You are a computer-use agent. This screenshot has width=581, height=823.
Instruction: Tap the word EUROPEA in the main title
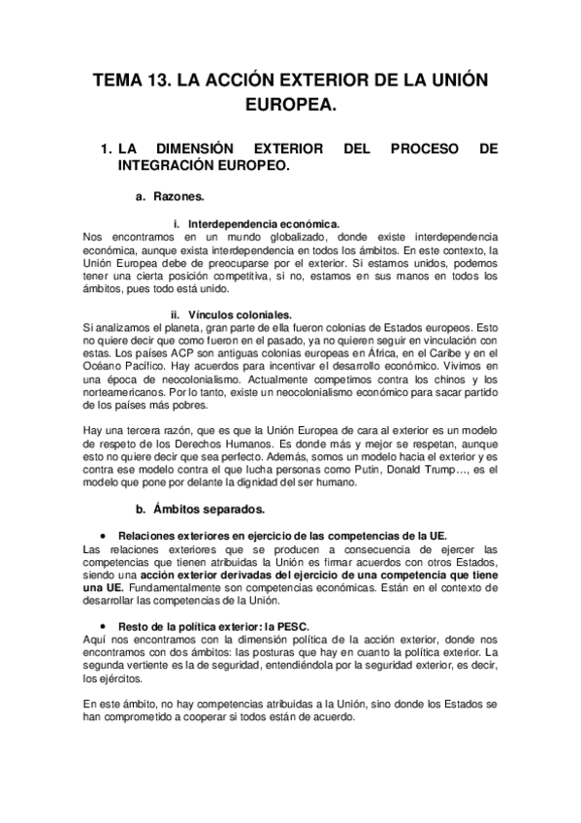pos(290,104)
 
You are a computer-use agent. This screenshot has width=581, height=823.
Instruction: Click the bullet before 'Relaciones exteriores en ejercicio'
pos(104,536)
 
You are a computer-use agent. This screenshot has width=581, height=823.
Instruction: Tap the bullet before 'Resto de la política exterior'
pos(104,627)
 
